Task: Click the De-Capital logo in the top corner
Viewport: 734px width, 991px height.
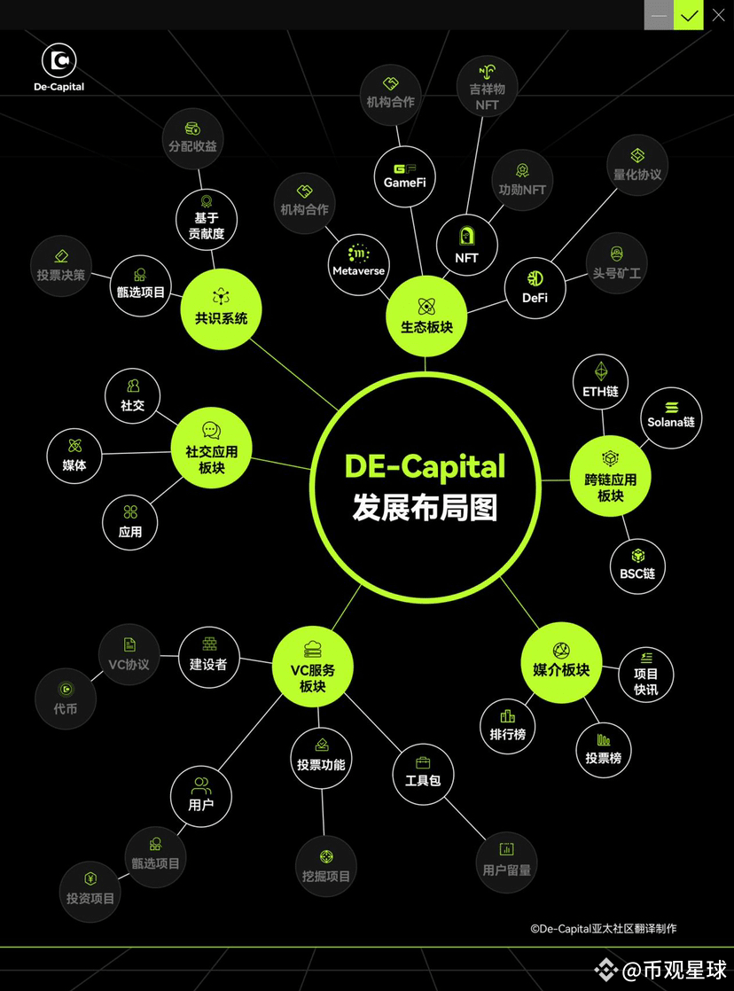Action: [x=59, y=67]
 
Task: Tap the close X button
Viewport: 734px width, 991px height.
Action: [x=718, y=15]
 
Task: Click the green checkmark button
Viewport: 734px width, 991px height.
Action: [x=689, y=15]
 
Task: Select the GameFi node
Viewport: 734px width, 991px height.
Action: [x=404, y=177]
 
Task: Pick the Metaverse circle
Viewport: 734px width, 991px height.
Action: [x=358, y=264]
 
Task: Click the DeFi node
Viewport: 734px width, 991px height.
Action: [x=535, y=287]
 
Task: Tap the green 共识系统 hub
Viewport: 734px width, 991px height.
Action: [x=221, y=309]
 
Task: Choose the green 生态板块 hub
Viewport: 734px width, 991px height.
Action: [x=426, y=316]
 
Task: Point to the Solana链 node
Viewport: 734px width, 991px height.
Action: [x=671, y=417]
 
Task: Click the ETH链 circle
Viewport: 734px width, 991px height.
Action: [x=601, y=382]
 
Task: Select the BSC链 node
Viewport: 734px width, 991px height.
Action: [x=637, y=566]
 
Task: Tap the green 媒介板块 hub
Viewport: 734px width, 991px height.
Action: [x=561, y=662]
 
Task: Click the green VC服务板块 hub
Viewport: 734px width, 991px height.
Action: [x=312, y=667]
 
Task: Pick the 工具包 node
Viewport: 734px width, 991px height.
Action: [x=423, y=774]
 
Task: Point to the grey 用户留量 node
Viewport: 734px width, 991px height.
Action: [x=506, y=862]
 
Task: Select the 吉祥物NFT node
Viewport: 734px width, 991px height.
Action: [x=487, y=88]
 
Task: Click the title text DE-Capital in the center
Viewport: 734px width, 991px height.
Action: [x=425, y=466]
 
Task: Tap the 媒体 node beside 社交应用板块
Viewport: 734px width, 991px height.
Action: [x=74, y=455]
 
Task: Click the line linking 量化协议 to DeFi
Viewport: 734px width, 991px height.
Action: [x=584, y=225]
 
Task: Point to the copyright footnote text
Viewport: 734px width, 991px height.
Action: [x=603, y=928]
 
